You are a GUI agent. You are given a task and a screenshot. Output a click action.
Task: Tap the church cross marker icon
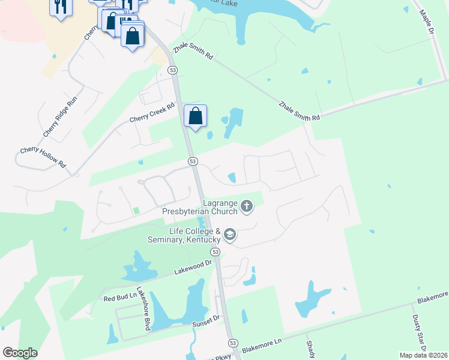pos(246,208)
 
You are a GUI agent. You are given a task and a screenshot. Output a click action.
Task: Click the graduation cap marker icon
pos(230,234)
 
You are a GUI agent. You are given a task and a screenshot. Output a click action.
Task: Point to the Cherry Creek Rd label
pos(152,112)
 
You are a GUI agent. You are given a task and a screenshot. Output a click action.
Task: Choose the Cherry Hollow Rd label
pos(42,157)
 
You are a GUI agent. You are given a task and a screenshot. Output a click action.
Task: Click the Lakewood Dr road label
pos(193,267)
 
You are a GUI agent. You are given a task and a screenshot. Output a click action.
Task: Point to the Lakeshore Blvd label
pos(143,312)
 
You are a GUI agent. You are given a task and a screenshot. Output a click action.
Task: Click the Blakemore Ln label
pos(261,346)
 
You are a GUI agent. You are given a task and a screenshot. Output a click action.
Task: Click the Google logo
pos(20,353)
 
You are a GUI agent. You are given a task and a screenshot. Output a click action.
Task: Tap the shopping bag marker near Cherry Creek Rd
pos(196,116)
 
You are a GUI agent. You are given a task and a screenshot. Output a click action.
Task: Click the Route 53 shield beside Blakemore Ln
pos(232,343)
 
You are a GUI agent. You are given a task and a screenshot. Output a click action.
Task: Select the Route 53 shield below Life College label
pos(215,253)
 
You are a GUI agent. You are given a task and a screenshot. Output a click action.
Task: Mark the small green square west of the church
pos(136,210)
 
